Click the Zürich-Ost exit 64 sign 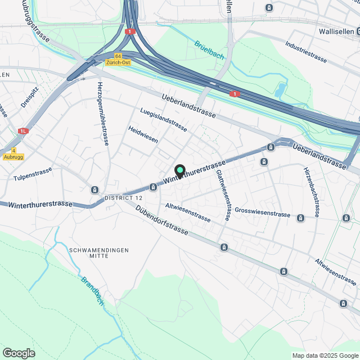[121, 59]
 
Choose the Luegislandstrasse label [164, 119]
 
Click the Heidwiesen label [143, 134]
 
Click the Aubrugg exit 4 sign [13, 154]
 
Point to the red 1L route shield [22, 130]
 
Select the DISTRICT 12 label [124, 198]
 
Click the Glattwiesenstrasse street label [223, 195]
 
